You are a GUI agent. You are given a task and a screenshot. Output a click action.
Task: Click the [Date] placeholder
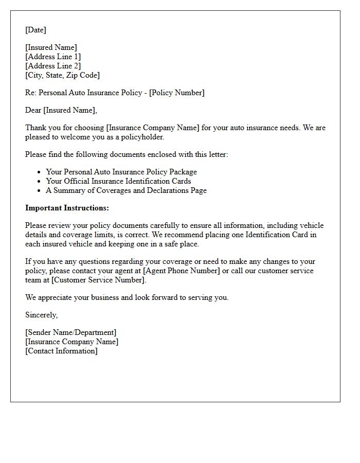click(35, 30)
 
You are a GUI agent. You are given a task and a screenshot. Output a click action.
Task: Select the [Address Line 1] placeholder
click(53, 57)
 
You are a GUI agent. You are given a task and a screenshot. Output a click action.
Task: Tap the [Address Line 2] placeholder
click(53, 66)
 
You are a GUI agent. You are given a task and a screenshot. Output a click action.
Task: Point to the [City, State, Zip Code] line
click(62, 75)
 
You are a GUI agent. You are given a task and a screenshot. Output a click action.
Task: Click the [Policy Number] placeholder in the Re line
click(176, 93)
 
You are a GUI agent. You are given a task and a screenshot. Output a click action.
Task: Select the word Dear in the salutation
click(33, 110)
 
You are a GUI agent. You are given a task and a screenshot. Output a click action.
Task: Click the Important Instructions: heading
click(67, 208)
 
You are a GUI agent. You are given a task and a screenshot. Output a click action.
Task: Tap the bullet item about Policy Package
click(121, 172)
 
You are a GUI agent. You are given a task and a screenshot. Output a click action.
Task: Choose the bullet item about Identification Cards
click(118, 181)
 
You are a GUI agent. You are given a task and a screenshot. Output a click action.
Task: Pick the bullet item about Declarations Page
click(126, 190)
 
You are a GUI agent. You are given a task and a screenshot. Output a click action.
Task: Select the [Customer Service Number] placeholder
click(98, 280)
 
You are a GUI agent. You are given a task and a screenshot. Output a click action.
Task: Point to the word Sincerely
click(41, 315)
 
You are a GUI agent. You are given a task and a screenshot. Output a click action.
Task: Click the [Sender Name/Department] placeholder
click(70, 332)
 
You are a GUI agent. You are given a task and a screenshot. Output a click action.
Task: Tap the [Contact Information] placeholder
click(61, 351)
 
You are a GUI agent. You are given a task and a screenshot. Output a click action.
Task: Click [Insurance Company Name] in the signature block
click(71, 342)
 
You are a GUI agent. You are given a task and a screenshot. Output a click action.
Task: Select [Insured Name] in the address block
click(51, 47)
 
